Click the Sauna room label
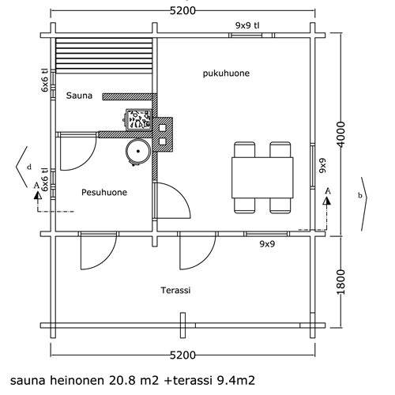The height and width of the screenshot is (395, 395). (79, 96)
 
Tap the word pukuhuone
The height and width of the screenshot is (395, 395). (226, 73)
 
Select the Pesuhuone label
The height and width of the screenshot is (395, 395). (104, 192)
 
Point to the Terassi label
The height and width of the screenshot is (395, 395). (175, 290)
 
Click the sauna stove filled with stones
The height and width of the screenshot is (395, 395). (138, 120)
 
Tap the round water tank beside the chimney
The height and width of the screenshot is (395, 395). (137, 152)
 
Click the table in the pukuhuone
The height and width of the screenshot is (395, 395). (262, 178)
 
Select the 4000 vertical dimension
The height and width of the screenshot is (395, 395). (340, 134)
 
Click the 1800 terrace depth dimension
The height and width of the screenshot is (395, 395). (340, 282)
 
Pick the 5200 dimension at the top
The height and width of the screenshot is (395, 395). (182, 11)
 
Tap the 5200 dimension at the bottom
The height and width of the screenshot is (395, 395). (182, 355)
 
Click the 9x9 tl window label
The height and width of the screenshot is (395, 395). (247, 25)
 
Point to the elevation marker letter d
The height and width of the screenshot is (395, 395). (29, 167)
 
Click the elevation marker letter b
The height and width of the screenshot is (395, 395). (360, 196)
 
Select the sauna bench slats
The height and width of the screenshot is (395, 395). (104, 55)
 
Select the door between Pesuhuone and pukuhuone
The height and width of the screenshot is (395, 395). (171, 201)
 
